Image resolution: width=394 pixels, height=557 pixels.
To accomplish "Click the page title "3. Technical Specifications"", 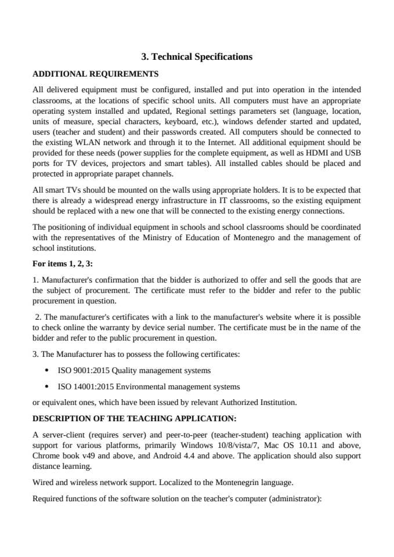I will [x=197, y=57].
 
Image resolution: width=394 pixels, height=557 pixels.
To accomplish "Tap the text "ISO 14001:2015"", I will [x=85, y=386].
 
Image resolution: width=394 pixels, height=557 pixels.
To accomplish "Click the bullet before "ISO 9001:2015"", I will [x=46, y=370].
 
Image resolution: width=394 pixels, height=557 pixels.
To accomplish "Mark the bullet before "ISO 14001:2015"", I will [x=46, y=386].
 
